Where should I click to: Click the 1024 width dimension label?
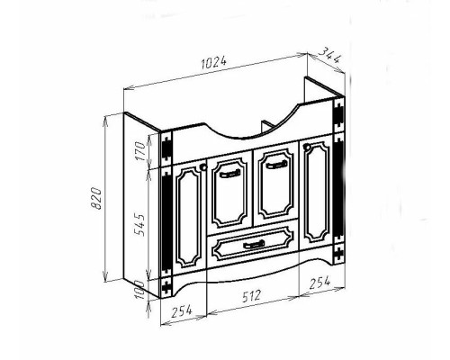[214, 63]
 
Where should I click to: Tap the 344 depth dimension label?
[329, 56]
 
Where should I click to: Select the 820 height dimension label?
[96, 198]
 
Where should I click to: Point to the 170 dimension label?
[140, 151]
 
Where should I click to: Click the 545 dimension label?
[139, 225]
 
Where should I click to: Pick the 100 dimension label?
[139, 290]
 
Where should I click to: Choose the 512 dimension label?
[251, 296]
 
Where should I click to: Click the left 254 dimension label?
[181, 311]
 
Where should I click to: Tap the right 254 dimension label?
[319, 283]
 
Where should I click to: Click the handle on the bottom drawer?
[254, 245]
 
